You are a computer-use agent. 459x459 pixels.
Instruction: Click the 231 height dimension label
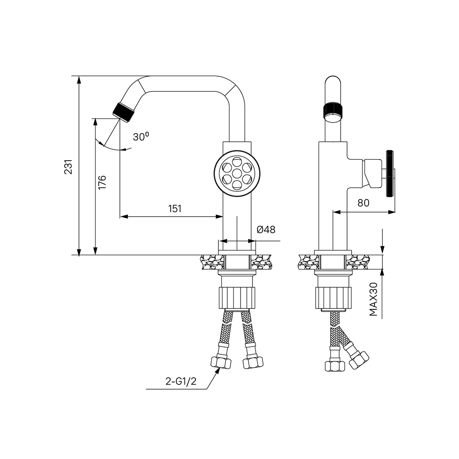click(x=68, y=167)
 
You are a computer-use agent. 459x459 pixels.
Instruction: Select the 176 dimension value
click(x=102, y=182)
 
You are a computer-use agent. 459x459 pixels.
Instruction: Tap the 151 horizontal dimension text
click(x=175, y=209)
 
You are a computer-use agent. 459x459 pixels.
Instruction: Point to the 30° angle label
click(x=141, y=136)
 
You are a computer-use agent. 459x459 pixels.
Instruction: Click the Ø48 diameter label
click(x=266, y=229)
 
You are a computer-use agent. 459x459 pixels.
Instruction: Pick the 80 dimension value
click(x=363, y=203)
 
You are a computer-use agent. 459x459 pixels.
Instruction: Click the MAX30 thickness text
click(x=374, y=299)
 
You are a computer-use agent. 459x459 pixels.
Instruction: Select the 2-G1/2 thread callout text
click(x=180, y=381)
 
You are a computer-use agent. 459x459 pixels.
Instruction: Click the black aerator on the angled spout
click(x=123, y=112)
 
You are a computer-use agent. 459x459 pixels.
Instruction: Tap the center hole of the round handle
click(x=237, y=173)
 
